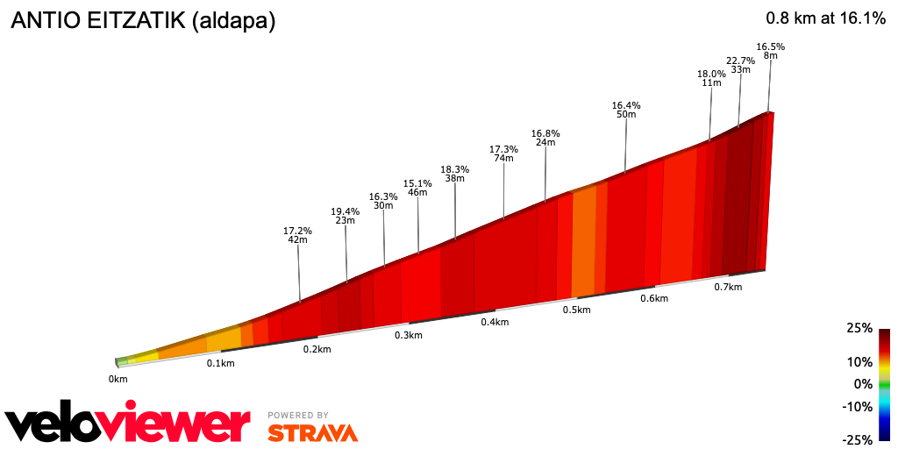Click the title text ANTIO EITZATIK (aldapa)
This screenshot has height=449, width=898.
pyautogui.click(x=143, y=21)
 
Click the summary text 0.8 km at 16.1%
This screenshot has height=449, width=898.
pyautogui.click(x=825, y=18)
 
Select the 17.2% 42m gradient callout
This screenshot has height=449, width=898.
pyautogui.click(x=298, y=235)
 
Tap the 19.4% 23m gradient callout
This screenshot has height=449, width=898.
pyautogui.click(x=346, y=216)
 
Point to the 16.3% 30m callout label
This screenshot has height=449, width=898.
pyautogui.click(x=383, y=201)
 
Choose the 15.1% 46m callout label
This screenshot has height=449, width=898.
pyautogui.click(x=417, y=188)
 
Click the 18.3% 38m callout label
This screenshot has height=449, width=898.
pyautogui.click(x=454, y=174)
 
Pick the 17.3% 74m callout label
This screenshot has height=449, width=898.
pyautogui.click(x=503, y=153)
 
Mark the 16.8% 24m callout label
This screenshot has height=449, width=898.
pyautogui.click(x=545, y=138)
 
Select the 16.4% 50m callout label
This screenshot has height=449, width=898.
pyautogui.click(x=626, y=110)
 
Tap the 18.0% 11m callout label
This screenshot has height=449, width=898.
pyautogui.click(x=711, y=79)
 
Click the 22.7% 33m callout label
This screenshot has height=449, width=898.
pyautogui.click(x=740, y=65)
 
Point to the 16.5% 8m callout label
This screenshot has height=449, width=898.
pyautogui.click(x=770, y=51)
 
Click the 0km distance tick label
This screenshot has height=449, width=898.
pyautogui.click(x=118, y=378)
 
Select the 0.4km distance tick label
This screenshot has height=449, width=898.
pyautogui.click(x=495, y=322)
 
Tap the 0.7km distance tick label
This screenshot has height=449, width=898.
pyautogui.click(x=728, y=287)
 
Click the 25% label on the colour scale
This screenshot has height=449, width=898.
pyautogui.click(x=859, y=328)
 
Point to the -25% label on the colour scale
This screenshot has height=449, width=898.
pyautogui.click(x=857, y=439)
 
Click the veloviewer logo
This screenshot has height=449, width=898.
pyautogui.click(x=128, y=424)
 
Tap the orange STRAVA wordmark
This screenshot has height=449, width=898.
pyautogui.click(x=312, y=432)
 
